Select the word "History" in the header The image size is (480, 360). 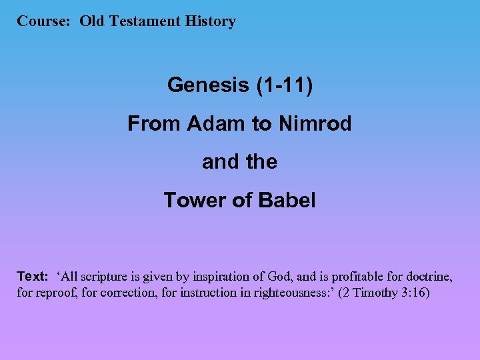pyautogui.click(x=211, y=21)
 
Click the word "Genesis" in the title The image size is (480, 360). pyautogui.click(x=206, y=85)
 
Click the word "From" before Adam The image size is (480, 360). pyautogui.click(x=154, y=124)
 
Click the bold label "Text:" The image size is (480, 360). pyautogui.click(x=33, y=277)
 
